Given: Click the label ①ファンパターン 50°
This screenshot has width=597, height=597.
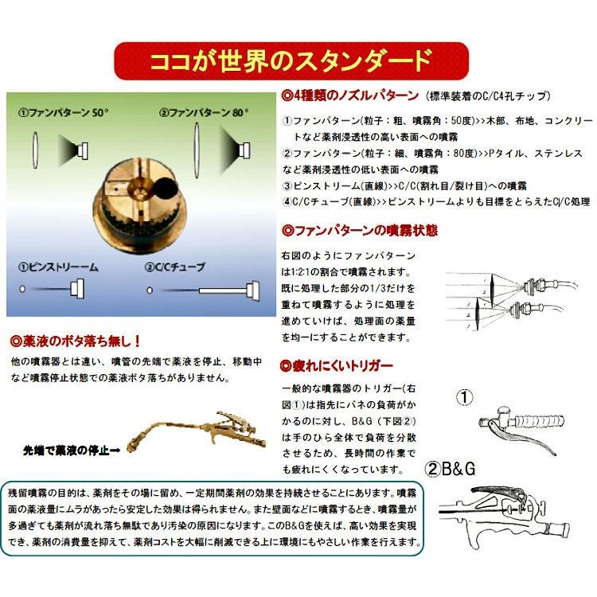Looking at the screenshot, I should coord(64,112).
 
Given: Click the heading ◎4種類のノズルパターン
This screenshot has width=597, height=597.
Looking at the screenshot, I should coord(351,95).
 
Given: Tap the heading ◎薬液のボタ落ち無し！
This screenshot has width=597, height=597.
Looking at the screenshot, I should coord(75,341).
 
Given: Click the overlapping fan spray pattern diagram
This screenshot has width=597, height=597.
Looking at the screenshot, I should coord(509,298).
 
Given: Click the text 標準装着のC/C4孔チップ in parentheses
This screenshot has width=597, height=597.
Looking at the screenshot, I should coord(486,96).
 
